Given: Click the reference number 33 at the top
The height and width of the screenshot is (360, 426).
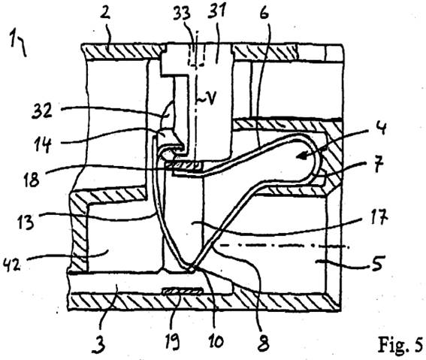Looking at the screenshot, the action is pos(182,14).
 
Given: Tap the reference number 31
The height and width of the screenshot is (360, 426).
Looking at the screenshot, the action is pos(216,12).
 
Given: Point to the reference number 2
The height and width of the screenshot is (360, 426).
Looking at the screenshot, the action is pos(105,11).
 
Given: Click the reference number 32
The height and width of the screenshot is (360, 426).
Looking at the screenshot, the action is pos(41,110).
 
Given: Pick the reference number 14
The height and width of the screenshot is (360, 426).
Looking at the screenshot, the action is pos(43,144).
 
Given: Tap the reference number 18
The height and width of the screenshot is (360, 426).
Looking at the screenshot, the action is pos(32,179).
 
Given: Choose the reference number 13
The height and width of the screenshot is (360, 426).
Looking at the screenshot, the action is pos(26,222).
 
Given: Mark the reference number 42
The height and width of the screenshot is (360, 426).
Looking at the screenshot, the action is pos(12,265).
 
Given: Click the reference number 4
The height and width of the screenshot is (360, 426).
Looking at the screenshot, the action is pos(382,128).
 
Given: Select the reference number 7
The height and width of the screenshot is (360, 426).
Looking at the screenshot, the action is pos(379,165).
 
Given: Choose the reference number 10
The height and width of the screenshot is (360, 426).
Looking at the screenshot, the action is pos(216,340).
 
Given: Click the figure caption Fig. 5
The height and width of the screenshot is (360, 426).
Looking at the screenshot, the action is pos(400,343).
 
